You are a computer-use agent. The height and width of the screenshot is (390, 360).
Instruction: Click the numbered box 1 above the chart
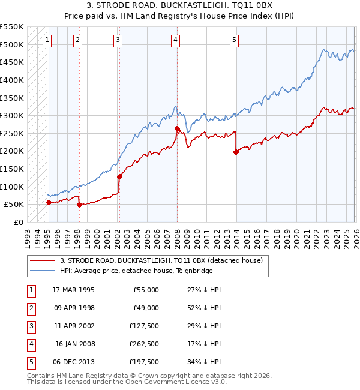coord(47,40)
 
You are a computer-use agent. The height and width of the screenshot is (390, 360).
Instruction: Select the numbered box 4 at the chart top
coord(175,40)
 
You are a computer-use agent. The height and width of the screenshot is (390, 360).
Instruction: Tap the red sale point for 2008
coord(177,128)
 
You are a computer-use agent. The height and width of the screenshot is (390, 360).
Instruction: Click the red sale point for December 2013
coord(236,152)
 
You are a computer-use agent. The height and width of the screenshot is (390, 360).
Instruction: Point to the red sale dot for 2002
coord(119,176)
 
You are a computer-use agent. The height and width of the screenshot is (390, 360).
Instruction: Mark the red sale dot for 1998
coord(79,205)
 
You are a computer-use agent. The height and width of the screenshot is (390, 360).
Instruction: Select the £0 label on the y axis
coord(18,222)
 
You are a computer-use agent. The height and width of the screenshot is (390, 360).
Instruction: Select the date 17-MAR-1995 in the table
coord(73,290)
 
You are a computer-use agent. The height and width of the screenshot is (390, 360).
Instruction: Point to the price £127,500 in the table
coord(144,326)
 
